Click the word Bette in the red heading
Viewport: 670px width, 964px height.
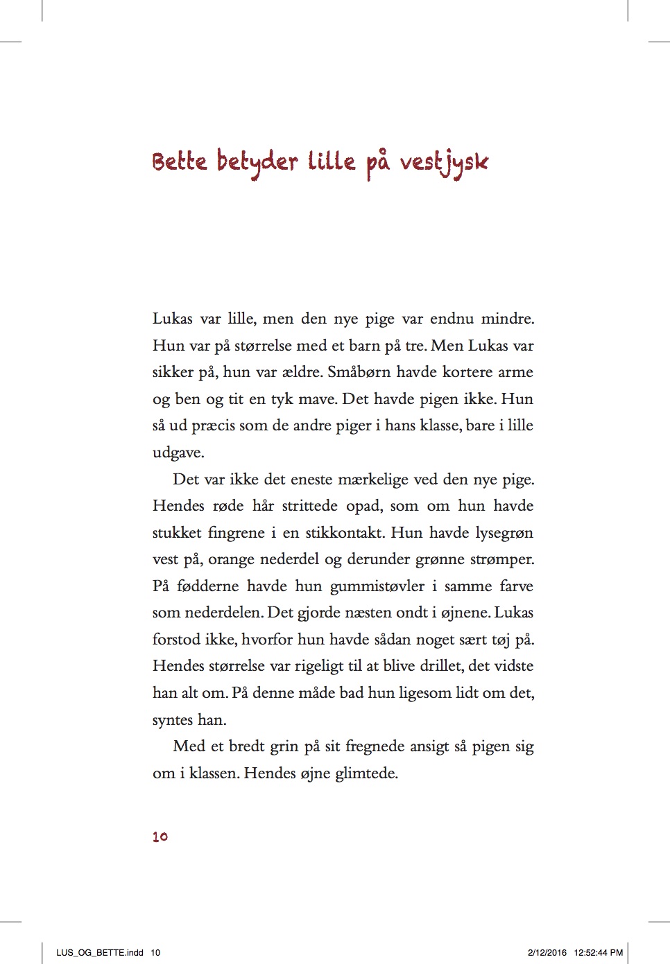pos(180,161)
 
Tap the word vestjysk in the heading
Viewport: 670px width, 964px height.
pos(444,164)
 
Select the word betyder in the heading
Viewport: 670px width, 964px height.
pos(257,162)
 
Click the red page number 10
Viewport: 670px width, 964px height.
pos(160,836)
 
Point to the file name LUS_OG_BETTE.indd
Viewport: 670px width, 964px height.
pos(100,952)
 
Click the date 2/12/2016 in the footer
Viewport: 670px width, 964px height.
pos(547,952)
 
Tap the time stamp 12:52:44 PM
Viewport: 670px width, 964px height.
pos(598,952)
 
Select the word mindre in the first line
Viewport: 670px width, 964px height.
pos(508,319)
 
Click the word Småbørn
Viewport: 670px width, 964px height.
pos(359,372)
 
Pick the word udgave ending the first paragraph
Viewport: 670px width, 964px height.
pos(178,453)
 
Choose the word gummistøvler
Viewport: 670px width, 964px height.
pos(377,586)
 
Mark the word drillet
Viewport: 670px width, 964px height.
pos(440,666)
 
